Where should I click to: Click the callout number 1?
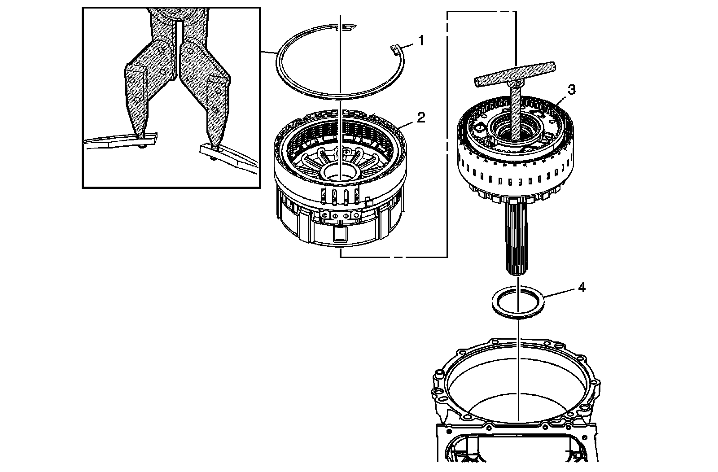coord(420,41)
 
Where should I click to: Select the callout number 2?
coord(420,118)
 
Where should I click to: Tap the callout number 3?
coord(571,90)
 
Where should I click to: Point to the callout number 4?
coord(581,287)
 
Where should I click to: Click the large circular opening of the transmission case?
coord(516,381)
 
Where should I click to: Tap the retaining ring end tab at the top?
coord(347,28)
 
